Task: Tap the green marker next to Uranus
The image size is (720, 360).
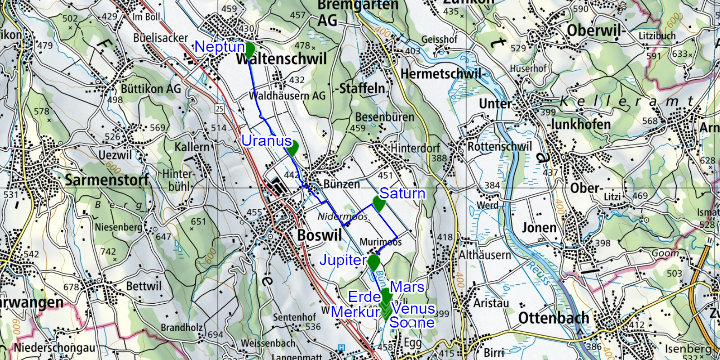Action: (292, 147)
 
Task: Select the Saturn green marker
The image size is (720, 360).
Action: (378, 203)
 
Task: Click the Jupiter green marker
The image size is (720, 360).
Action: (373, 262)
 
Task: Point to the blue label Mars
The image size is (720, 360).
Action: (407, 287)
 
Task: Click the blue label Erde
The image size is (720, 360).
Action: (364, 297)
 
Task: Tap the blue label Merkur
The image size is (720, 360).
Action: (355, 312)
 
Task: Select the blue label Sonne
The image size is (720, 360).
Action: (412, 322)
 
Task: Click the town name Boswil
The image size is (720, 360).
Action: (319, 235)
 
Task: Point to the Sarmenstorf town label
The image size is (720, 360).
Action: (107, 180)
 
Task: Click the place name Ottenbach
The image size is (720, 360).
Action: (553, 318)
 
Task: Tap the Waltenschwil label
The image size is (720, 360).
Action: (282, 59)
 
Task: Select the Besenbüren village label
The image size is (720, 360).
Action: (385, 117)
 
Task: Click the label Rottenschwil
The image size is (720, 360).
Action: (499, 147)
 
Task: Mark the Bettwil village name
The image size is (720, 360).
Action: (144, 286)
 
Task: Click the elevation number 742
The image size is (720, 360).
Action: (108, 252)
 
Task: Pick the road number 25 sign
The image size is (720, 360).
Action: (219, 108)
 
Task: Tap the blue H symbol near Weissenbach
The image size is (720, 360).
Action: (341, 347)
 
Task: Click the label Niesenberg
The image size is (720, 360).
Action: (118, 227)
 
